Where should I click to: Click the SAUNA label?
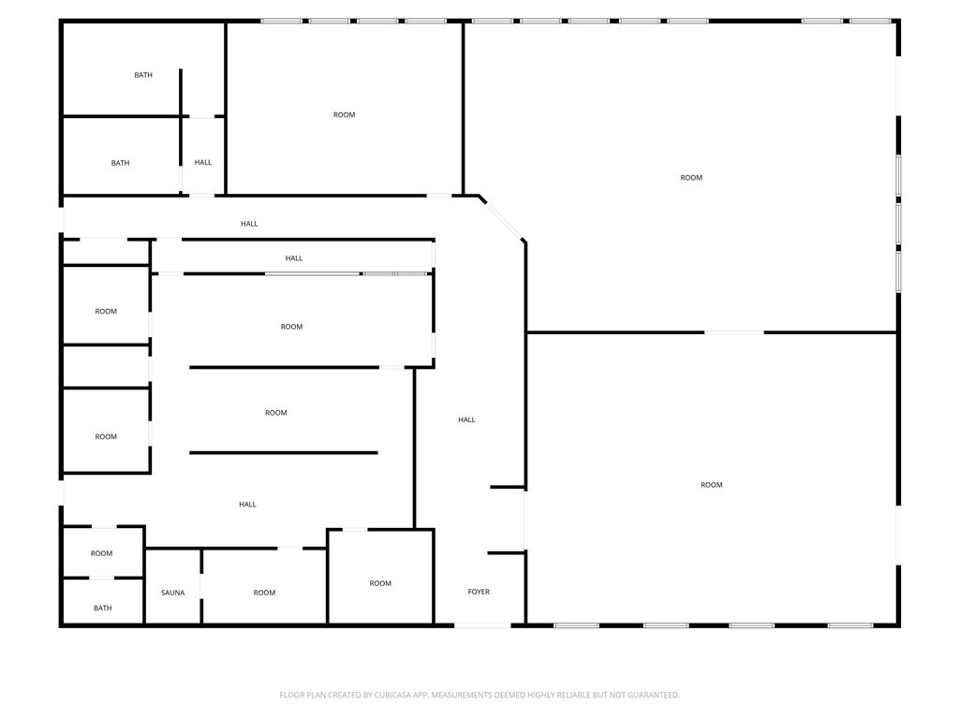click(172, 593)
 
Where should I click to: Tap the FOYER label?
click(479, 592)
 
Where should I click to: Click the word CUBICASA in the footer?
click(392, 695)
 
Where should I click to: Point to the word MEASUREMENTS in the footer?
click(463, 695)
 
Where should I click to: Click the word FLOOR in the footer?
click(291, 695)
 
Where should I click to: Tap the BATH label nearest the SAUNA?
click(103, 608)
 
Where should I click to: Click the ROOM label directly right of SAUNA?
click(264, 593)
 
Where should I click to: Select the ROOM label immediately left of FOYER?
click(380, 583)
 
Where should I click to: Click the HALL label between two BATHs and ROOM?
click(203, 162)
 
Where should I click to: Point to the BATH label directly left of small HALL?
click(120, 163)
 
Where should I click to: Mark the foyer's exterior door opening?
click(482, 624)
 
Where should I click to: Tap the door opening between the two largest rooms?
click(734, 332)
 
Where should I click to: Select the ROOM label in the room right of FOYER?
click(712, 485)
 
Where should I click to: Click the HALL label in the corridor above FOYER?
click(466, 419)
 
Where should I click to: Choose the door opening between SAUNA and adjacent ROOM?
click(201, 574)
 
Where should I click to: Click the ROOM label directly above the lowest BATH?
click(101, 553)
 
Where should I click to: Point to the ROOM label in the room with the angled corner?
click(691, 177)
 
